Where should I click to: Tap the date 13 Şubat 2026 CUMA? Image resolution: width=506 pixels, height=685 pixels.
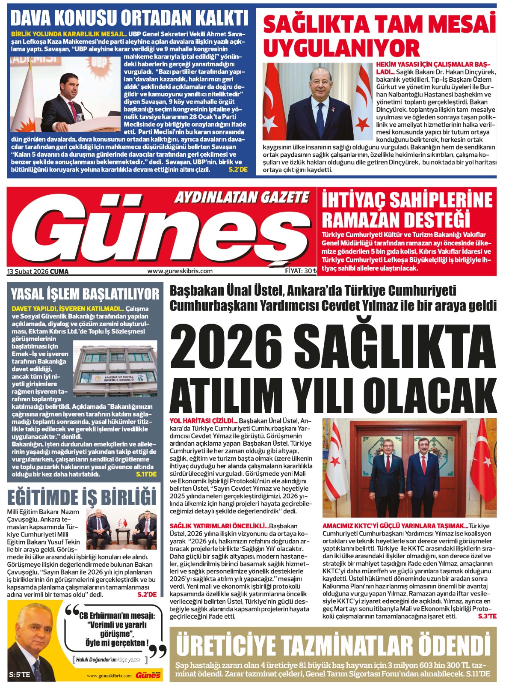pos(38,271)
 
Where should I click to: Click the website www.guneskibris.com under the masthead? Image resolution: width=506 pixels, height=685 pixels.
pos(180,271)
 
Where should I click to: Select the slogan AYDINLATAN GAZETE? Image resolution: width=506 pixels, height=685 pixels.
pos(242,197)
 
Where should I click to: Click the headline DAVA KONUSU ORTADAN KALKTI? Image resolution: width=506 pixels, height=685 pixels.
pos(129,18)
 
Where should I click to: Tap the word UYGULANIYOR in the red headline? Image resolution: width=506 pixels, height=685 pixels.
pos(341,48)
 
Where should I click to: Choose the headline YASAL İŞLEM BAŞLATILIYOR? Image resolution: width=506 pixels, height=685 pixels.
pos(85,294)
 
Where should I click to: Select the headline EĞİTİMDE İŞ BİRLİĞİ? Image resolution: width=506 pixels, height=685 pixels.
pos(82,497)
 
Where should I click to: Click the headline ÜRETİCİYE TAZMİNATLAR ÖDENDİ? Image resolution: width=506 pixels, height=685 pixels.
pos(333,646)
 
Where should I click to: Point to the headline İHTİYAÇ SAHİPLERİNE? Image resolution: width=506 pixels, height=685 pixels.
pos(407,200)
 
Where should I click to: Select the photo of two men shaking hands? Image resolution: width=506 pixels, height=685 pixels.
pos(409,468)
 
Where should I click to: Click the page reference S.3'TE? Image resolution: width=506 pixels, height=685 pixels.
pos(487,616)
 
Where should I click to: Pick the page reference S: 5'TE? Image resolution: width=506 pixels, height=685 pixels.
pos(19,674)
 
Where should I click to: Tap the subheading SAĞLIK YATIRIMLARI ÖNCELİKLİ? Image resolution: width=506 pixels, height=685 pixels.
pos(219,526)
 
